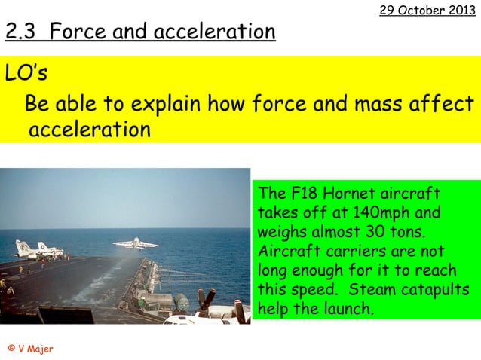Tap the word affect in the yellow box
coord(440,103)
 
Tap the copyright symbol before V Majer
coord(11,348)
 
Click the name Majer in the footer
coord(41,348)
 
